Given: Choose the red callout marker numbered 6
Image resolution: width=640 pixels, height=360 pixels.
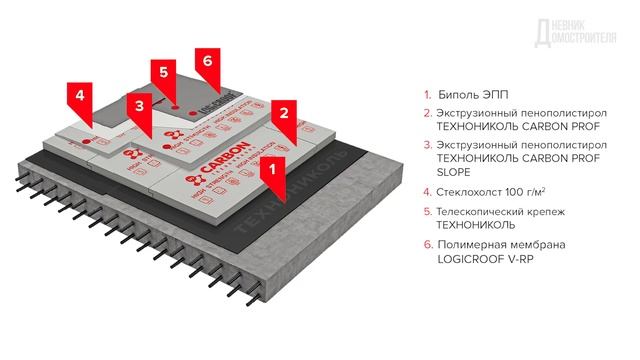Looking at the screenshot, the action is pyautogui.click(x=207, y=60).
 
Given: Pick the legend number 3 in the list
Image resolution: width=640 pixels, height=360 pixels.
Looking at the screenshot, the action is pyautogui.click(x=427, y=145).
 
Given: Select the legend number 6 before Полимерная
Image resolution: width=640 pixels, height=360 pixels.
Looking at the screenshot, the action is pyautogui.click(x=427, y=246).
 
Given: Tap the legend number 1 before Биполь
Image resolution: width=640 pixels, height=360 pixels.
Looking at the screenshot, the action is pyautogui.click(x=427, y=95).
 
